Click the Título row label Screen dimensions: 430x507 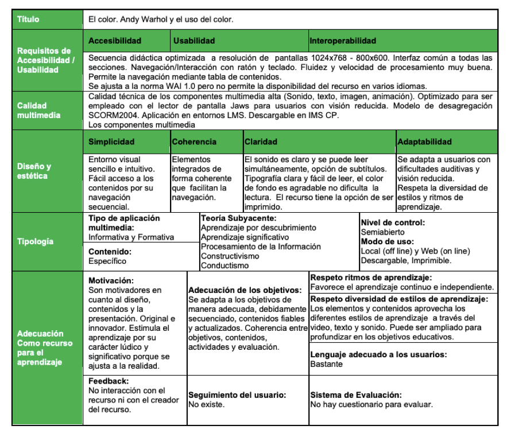pyautogui.click(x=28, y=19)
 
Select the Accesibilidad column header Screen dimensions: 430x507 pyautogui.click(x=115, y=41)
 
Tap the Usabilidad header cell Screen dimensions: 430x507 pyautogui.click(x=194, y=41)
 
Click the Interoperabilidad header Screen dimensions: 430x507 pyautogui.click(x=343, y=41)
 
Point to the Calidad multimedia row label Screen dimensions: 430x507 pyautogui.click(x=40, y=110)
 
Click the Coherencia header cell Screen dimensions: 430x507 pyautogui.click(x=194, y=142)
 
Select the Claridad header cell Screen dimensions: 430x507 pyautogui.click(x=261, y=142)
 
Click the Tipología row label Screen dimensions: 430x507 pyautogui.click(x=35, y=241)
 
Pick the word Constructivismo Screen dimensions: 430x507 pyautogui.click(x=230, y=256)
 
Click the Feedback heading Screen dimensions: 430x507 pyautogui.click(x=109, y=381)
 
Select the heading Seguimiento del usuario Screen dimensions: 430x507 pyautogui.click(x=237, y=395)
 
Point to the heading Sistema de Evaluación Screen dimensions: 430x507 pyautogui.click(x=355, y=395)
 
